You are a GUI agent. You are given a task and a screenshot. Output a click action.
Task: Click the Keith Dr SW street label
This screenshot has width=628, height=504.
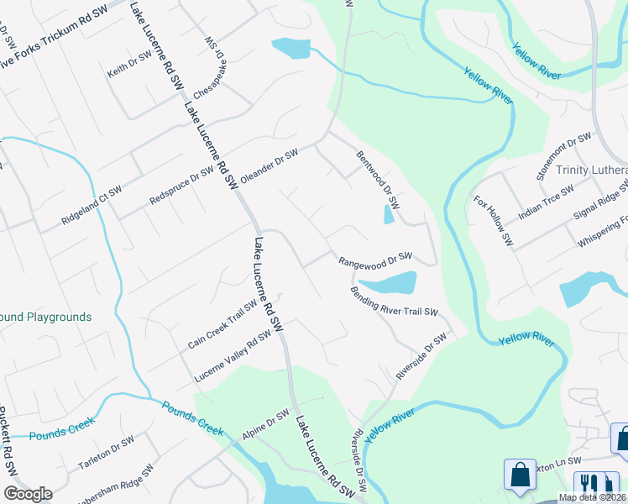[128, 64]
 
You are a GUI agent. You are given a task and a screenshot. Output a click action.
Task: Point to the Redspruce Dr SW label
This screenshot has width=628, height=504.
[181, 186]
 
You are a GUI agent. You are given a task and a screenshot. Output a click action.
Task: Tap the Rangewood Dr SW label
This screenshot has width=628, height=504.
[375, 259]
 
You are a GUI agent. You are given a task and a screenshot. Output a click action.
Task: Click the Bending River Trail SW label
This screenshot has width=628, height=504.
[395, 301]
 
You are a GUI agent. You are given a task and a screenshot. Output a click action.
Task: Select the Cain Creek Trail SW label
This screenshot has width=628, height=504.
[222, 325]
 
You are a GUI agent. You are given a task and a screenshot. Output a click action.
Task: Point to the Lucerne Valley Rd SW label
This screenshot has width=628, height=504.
[233, 354]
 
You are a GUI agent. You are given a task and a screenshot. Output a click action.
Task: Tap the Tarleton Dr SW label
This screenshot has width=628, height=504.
[106, 453]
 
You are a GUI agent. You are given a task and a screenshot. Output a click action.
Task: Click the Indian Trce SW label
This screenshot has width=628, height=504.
[546, 202]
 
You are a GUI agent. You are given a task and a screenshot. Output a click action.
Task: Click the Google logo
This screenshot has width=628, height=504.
[28, 494]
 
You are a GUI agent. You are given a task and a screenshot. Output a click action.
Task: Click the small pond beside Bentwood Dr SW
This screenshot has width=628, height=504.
[388, 215]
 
